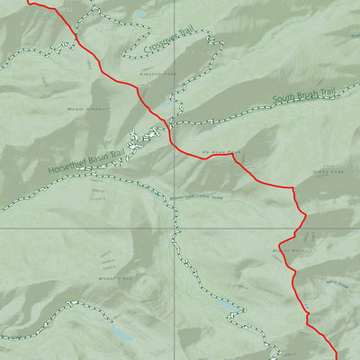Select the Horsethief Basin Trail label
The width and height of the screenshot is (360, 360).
pos(87,157)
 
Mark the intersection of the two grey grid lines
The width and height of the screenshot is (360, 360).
pos(175,228)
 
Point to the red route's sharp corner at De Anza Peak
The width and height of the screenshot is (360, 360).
pos(233,154)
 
